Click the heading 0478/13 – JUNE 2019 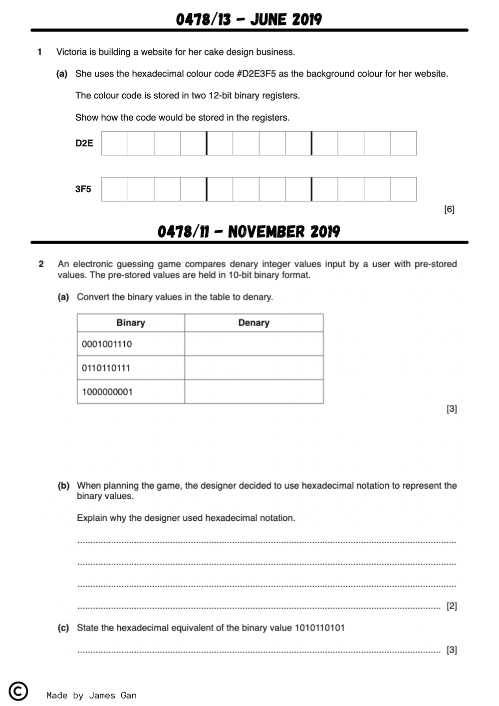[249, 19]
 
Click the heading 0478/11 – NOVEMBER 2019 [249, 232]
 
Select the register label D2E [84, 143]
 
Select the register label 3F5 [83, 189]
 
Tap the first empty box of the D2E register [115, 143]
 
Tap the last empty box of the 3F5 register [403, 189]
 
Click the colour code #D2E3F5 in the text [256, 74]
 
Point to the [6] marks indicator [449, 209]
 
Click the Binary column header [131, 323]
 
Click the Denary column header [253, 323]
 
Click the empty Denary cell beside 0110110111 [253, 368]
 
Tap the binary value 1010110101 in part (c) [319, 628]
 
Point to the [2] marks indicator [452, 606]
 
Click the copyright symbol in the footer [18, 691]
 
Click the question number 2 [41, 264]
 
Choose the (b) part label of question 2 [63, 485]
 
